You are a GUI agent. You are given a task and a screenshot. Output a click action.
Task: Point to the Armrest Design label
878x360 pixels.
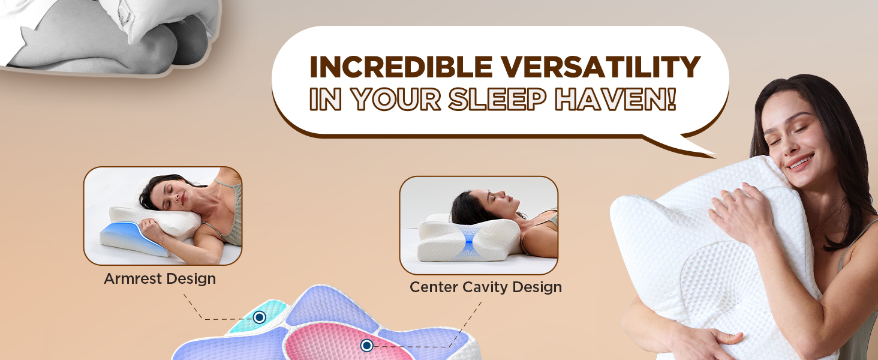click(160, 279)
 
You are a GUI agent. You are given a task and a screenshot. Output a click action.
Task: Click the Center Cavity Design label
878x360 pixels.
click(485, 287)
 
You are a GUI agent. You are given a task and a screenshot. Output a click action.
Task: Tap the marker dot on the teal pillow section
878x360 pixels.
click(259, 317)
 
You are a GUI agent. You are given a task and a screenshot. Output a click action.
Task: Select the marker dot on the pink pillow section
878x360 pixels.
click(367, 345)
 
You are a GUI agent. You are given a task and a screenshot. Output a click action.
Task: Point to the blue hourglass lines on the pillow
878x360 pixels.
click(470, 241)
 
